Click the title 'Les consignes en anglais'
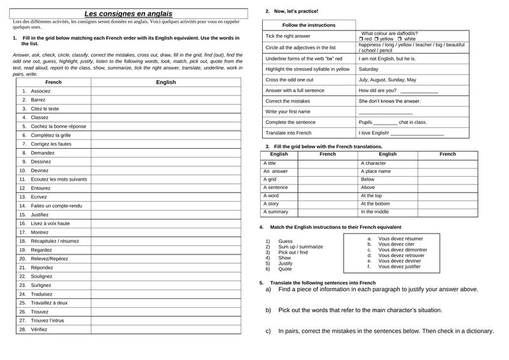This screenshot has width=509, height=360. pos(129,13)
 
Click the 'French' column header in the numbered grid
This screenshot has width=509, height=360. pos(53,82)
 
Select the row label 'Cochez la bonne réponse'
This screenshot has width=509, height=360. pos(58,126)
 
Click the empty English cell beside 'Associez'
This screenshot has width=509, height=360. pos(165,91)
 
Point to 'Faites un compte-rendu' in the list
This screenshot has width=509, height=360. pos(56,205)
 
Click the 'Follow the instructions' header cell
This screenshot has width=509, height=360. pos(309,25)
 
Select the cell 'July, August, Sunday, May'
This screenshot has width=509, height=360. pos(387,80)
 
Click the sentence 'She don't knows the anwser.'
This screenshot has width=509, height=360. pos(389,101)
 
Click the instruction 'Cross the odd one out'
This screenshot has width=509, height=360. pos(289,80)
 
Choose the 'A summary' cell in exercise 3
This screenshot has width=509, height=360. pos(275,212)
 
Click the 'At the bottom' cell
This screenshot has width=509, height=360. pos(375,204)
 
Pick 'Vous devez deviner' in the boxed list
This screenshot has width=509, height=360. pos(400,261)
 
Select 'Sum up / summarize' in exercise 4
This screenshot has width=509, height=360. pos(300,247)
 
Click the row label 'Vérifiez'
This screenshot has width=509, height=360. pos(39,329)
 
